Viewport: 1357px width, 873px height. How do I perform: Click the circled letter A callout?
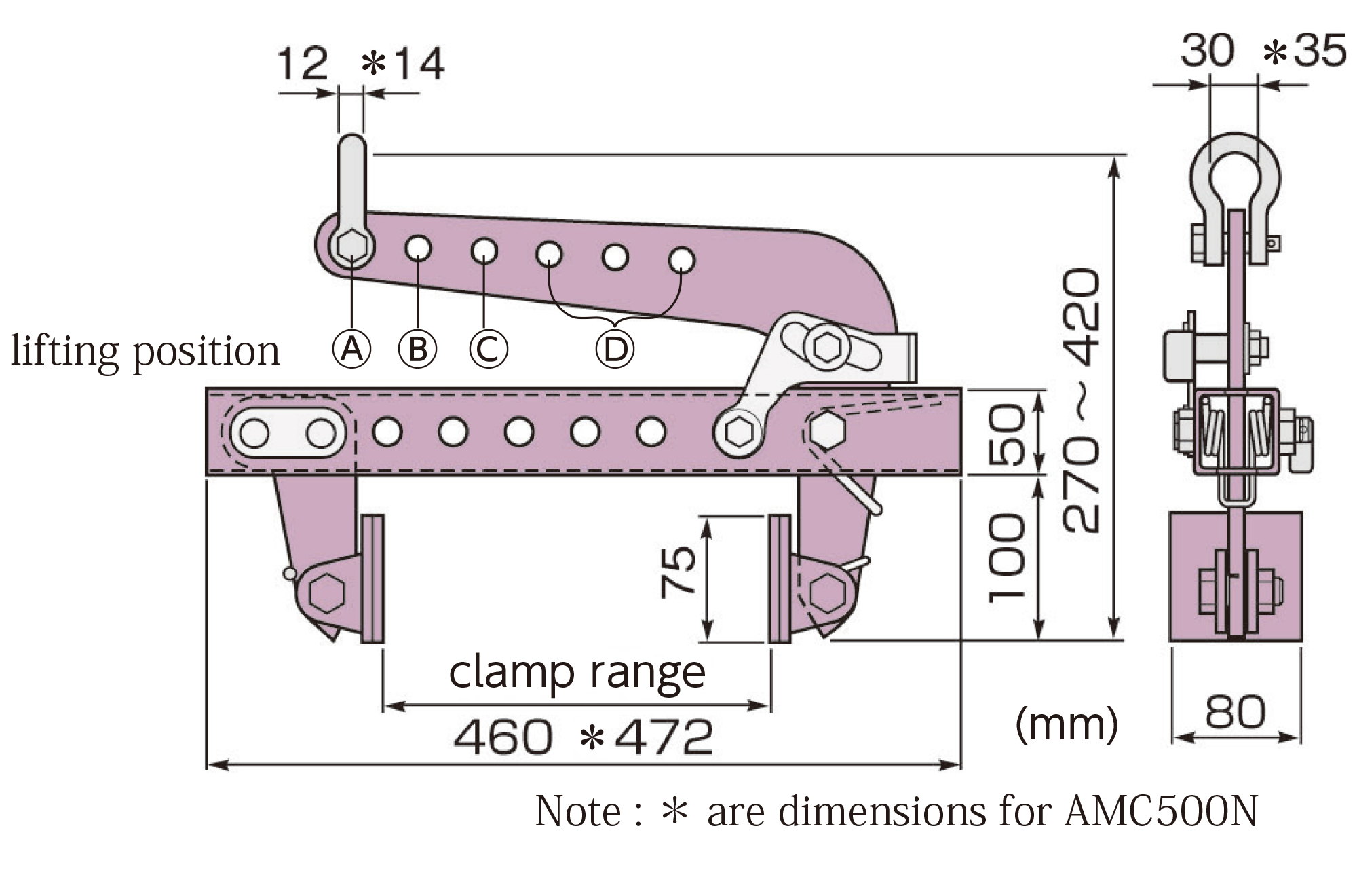pyautogui.click(x=351, y=349)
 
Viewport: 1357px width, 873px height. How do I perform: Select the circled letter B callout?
pyautogui.click(x=417, y=349)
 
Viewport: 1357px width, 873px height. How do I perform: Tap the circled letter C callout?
pyautogui.click(x=488, y=349)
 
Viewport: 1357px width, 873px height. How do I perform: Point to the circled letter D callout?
pyautogui.click(x=615, y=349)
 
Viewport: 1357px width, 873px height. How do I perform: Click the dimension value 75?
pyautogui.click(x=679, y=572)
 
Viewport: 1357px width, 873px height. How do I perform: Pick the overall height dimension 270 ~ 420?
pyautogui.click(x=1080, y=401)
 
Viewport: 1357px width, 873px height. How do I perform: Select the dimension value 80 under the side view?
pyautogui.click(x=1235, y=711)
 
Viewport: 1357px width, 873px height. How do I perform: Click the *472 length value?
pyautogui.click(x=647, y=737)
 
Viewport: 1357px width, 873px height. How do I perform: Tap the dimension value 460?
pyautogui.click(x=503, y=737)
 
